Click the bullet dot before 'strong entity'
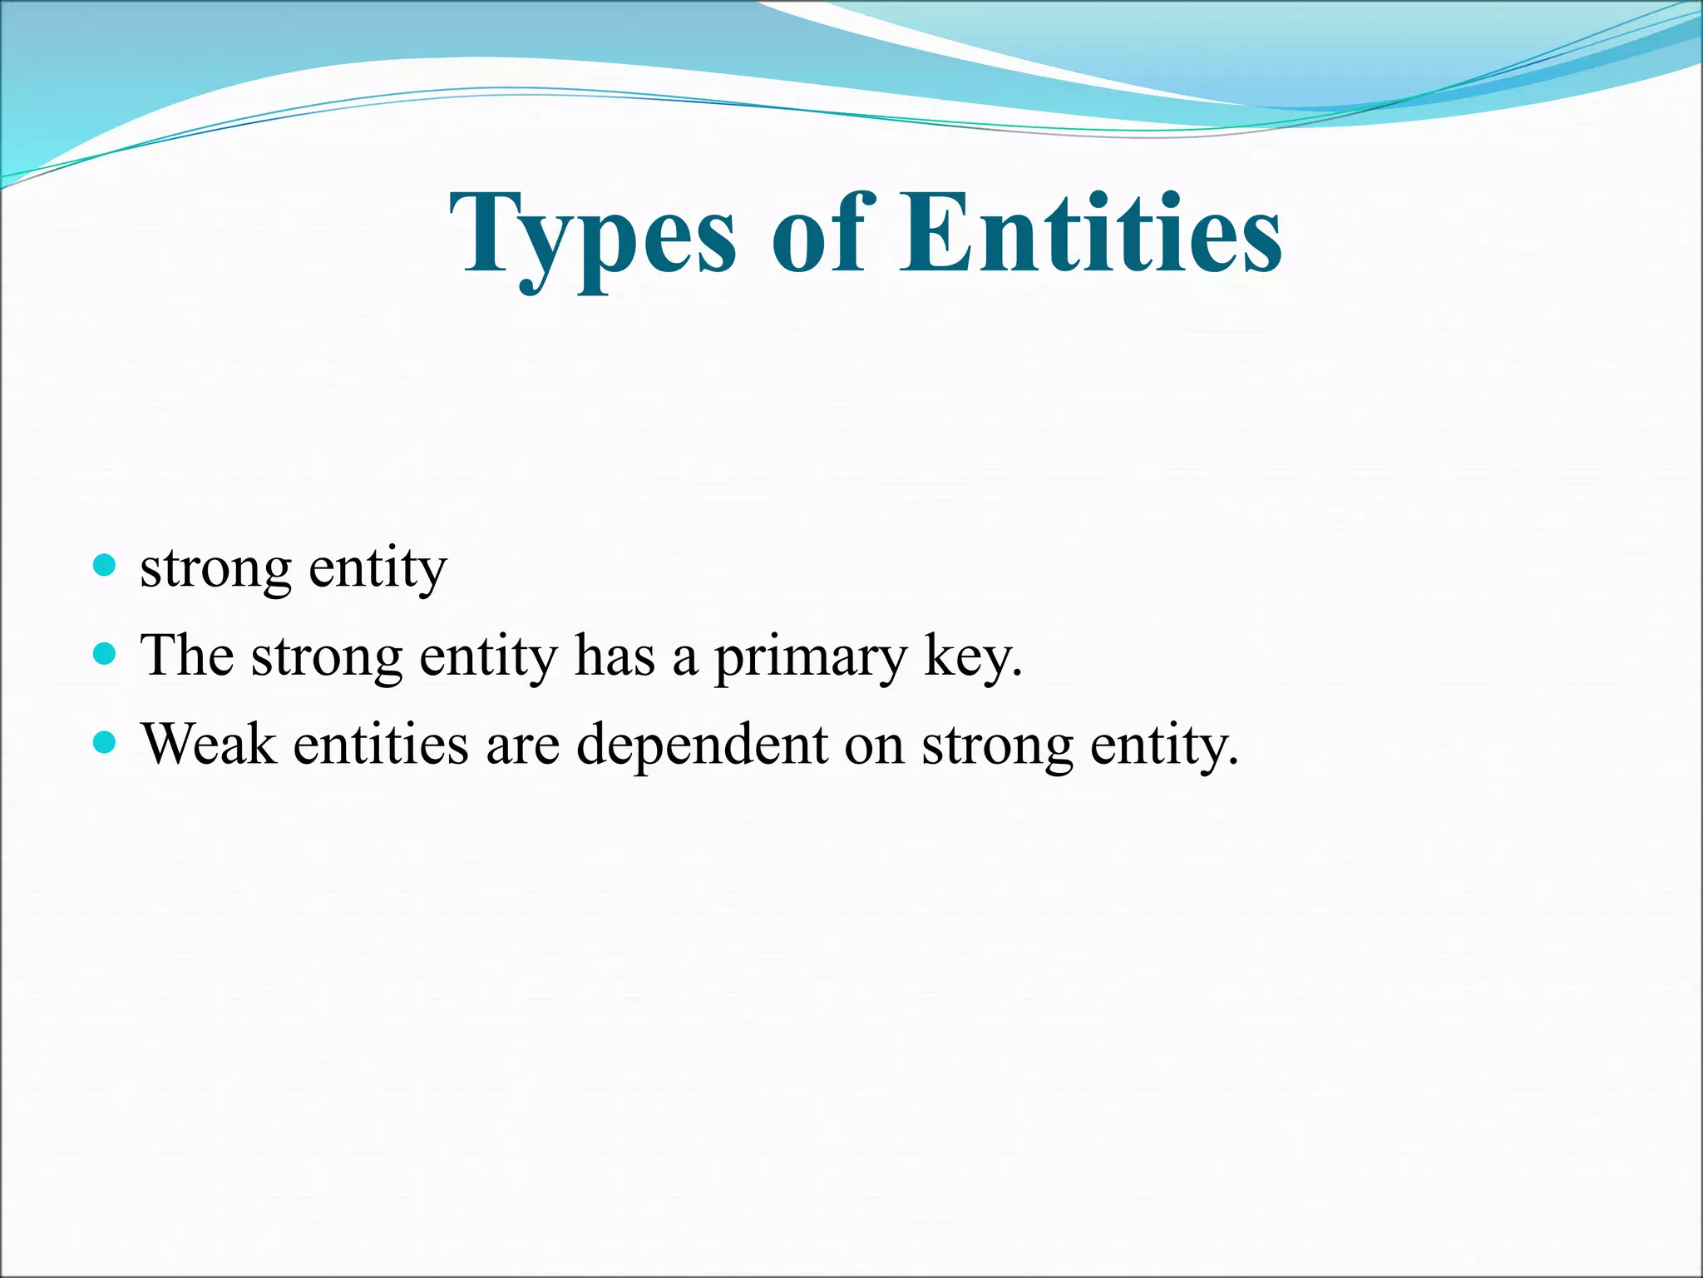(x=105, y=567)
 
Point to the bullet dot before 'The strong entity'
(x=105, y=655)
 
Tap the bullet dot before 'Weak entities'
(x=105, y=742)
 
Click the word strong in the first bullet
(x=215, y=570)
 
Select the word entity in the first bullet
(x=378, y=570)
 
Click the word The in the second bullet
(x=187, y=656)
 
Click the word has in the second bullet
(x=615, y=656)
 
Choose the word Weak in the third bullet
(x=209, y=743)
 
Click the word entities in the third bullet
(x=381, y=743)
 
